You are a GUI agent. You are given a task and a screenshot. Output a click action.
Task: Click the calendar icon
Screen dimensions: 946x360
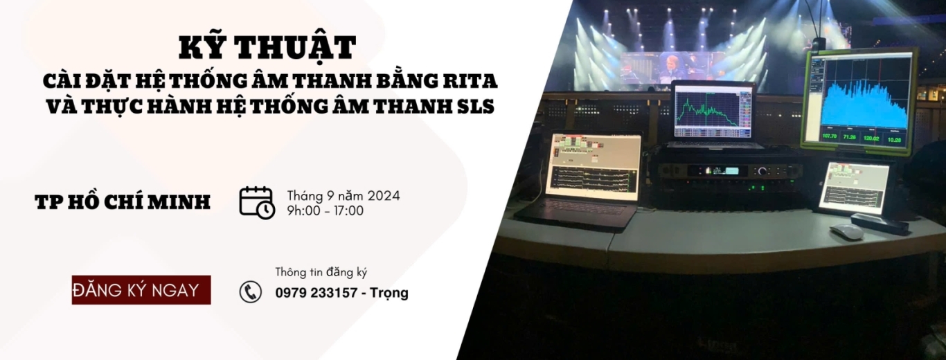(257, 203)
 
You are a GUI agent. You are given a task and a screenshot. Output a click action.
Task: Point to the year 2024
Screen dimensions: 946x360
(384, 196)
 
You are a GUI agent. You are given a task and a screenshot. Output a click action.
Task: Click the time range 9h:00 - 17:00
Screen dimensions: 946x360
(325, 210)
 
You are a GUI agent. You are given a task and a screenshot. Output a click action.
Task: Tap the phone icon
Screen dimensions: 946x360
(251, 291)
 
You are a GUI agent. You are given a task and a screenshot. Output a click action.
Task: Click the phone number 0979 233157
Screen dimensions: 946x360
(316, 292)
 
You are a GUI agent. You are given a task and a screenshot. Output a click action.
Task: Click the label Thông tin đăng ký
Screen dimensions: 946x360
(321, 272)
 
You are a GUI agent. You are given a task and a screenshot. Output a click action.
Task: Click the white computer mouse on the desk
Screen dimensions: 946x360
(846, 231)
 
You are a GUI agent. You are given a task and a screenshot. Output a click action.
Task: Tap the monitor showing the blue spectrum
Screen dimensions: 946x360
(859, 100)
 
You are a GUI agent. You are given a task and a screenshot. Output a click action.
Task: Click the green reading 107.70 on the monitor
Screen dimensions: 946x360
(830, 136)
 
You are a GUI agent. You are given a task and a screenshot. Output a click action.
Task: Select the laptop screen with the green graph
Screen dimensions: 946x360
(713, 110)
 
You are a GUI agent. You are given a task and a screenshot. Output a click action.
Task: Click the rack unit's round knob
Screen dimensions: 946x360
(762, 171)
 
